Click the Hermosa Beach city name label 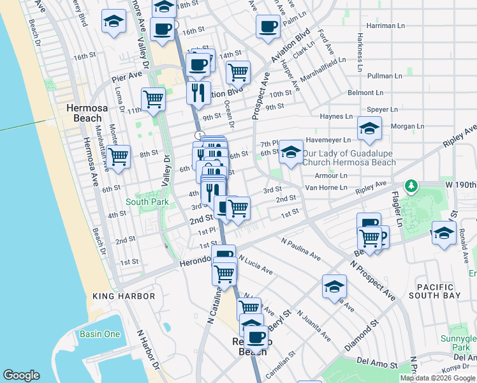coord(84,113)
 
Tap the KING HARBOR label coord(124,296)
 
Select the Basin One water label coord(99,334)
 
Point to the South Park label coord(147,202)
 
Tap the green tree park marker coord(413,186)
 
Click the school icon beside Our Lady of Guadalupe coord(291,152)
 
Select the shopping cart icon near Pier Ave coord(153,99)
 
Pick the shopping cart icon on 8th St coord(118,156)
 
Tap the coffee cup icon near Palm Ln coord(268,27)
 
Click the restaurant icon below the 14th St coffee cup coord(198,92)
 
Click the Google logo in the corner coord(21,375)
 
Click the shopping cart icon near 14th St coord(238,72)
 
